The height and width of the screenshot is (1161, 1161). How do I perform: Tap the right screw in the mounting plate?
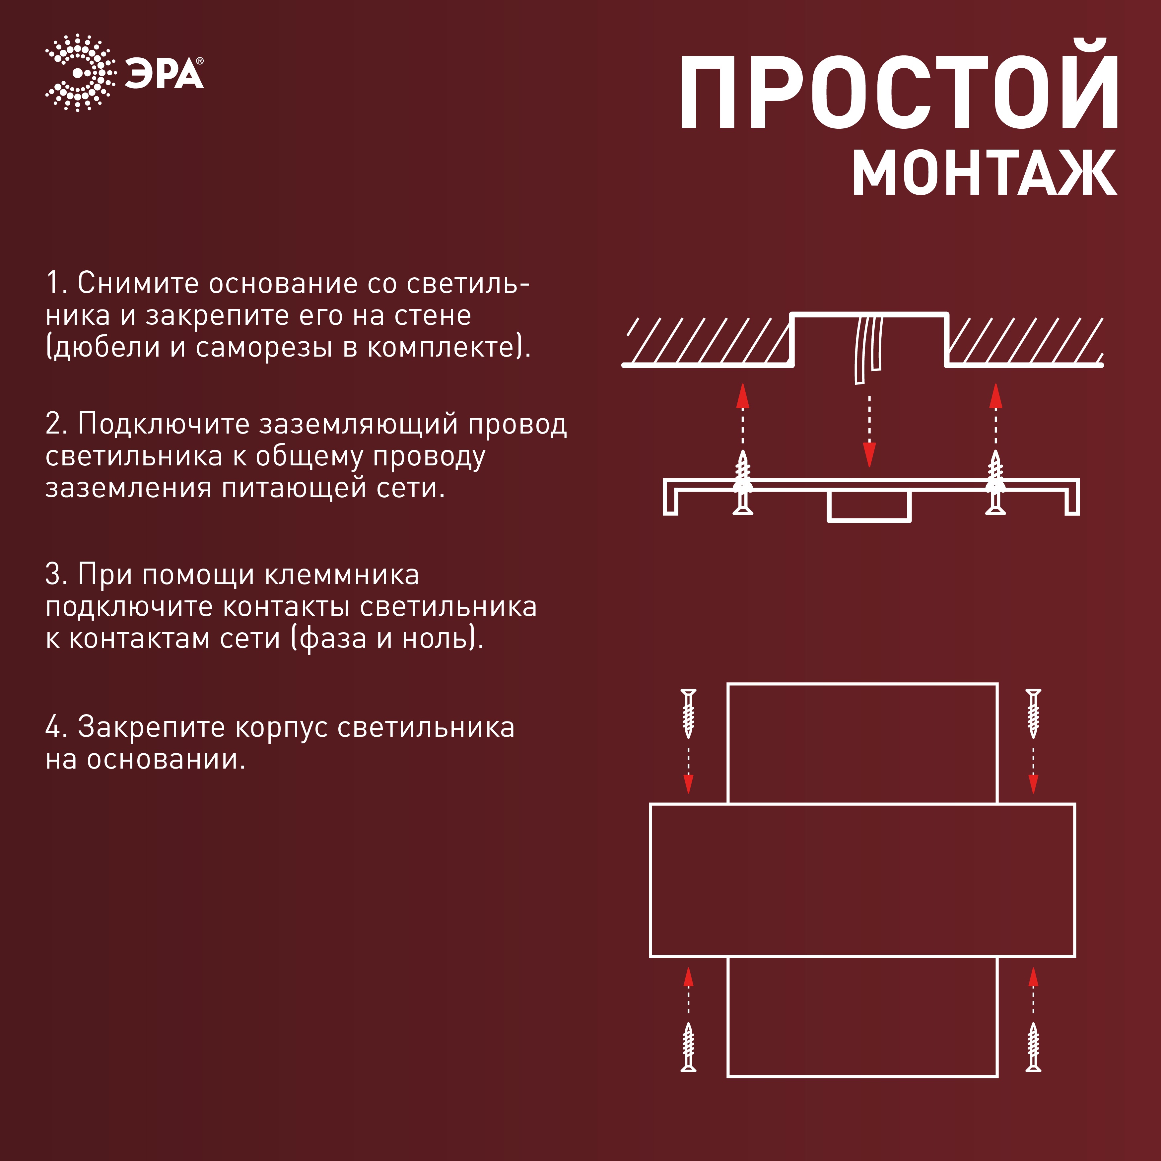996,484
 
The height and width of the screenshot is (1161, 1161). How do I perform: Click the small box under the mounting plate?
869,506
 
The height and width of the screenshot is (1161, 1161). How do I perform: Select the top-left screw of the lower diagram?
689,713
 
